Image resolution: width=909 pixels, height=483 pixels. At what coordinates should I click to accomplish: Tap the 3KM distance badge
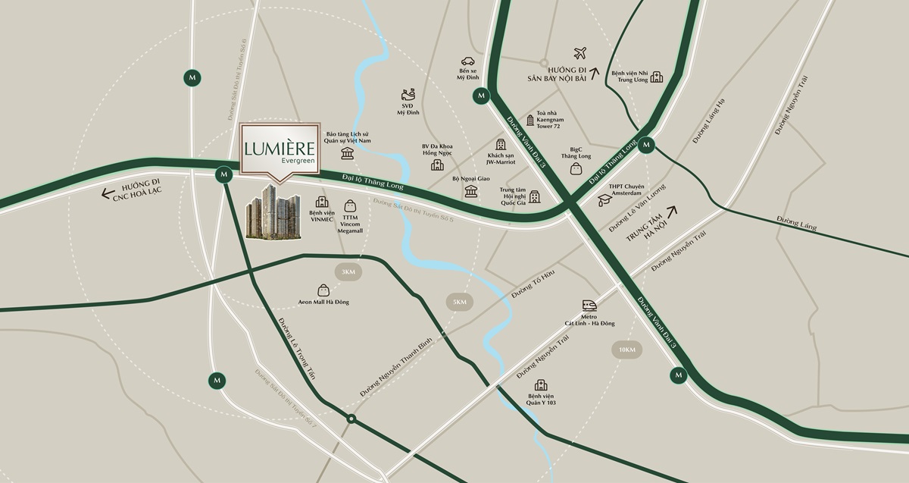point(348,272)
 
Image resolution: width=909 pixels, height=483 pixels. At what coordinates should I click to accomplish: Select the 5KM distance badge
point(460,302)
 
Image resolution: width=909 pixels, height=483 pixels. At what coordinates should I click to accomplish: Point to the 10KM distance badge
point(626,349)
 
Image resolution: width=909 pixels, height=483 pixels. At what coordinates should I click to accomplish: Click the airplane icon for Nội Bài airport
point(581,53)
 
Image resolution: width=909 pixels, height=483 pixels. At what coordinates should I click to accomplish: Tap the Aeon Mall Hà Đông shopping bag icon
point(323,290)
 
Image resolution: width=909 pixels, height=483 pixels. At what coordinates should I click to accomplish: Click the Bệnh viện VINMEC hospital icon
point(322,202)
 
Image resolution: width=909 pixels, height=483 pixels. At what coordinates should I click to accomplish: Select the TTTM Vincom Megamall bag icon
point(350,205)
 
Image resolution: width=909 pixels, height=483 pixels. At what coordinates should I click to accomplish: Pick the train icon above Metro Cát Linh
point(589,306)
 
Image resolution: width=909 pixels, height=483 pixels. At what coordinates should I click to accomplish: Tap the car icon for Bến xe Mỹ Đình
point(467,62)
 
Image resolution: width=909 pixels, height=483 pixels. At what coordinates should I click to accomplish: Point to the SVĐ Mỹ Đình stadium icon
point(408,96)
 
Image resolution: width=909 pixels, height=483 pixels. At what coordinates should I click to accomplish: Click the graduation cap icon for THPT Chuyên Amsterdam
point(604,200)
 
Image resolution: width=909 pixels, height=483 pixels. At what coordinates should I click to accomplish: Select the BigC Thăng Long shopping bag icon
point(576,168)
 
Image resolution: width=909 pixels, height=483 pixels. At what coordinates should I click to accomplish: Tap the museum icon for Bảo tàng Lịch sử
point(348,154)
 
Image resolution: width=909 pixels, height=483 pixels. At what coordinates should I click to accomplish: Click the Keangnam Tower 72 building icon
point(529,121)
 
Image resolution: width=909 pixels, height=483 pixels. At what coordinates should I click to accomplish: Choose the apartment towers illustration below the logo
point(273,212)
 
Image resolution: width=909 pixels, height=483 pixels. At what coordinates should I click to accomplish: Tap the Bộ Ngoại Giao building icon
point(471,191)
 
